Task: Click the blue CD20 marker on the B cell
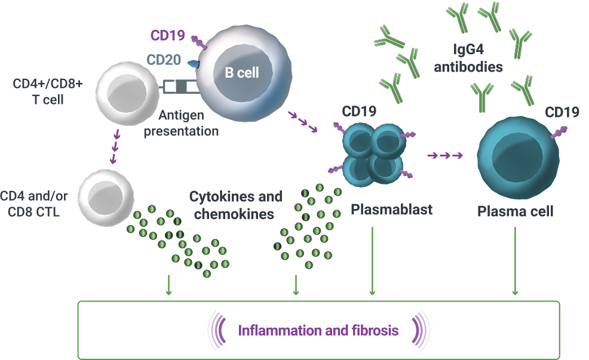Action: point(194,63)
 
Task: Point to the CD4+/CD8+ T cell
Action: point(126,91)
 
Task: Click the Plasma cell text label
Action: point(516,211)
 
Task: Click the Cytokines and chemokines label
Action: point(235,205)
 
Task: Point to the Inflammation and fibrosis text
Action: point(318,330)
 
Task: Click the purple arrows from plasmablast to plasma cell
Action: point(446,156)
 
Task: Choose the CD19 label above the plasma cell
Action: point(562,112)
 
